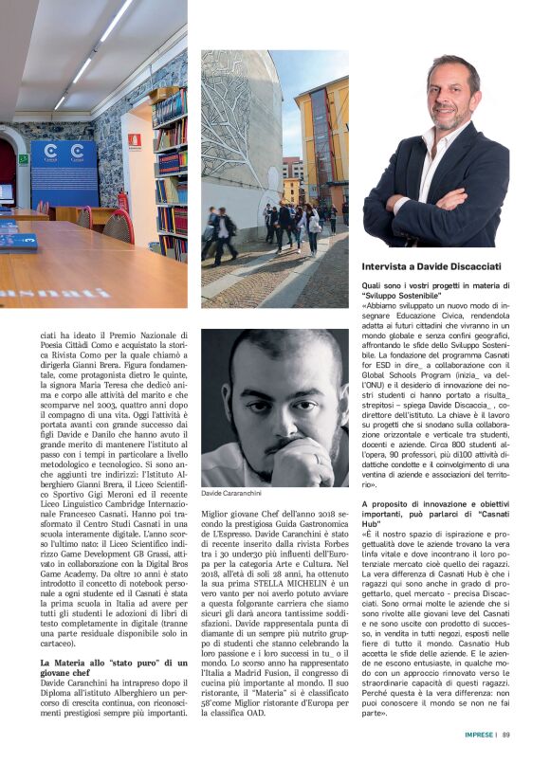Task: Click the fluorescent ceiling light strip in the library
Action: pyautogui.click(x=95, y=47)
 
